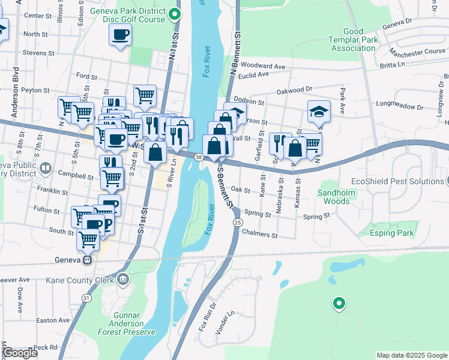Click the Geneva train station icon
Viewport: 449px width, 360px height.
88,260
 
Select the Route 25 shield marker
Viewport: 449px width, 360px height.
238,223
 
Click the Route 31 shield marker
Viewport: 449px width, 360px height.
87,298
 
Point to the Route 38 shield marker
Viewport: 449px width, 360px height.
198,157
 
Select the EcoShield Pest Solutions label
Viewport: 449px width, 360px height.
397,181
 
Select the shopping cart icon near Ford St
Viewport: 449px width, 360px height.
145,94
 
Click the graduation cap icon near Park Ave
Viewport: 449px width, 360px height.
319,110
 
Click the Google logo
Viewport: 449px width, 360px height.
20,353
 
